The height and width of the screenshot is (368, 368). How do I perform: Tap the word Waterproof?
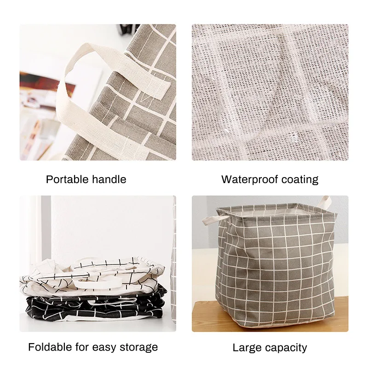[248, 179]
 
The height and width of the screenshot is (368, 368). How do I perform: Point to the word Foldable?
[49, 347]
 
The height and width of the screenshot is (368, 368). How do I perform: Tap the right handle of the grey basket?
[325, 202]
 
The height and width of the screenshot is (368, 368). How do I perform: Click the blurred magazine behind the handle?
[41, 92]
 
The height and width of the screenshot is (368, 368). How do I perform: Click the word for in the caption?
[82, 347]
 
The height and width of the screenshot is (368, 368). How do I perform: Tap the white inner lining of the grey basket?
[271, 211]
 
